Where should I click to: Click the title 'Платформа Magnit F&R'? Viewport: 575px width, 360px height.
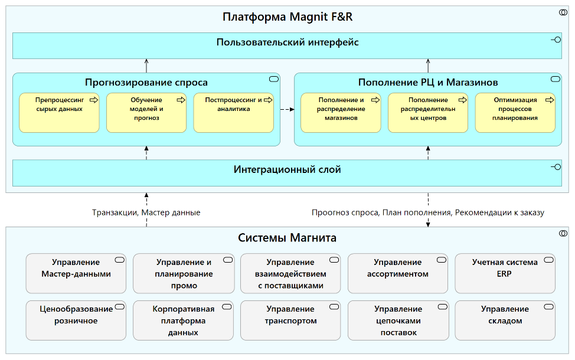pyautogui.click(x=287, y=17)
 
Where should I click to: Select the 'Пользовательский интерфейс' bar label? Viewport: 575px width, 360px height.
pyautogui.click(x=287, y=42)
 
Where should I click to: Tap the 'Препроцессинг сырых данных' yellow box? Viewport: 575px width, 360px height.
pyautogui.click(x=59, y=112)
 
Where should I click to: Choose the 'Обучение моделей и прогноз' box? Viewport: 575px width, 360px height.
pyautogui.click(x=146, y=112)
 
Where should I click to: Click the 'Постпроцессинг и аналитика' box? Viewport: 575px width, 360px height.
pyautogui.click(x=233, y=112)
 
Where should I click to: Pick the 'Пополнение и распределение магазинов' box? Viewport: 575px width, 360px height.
pyautogui.click(x=341, y=112)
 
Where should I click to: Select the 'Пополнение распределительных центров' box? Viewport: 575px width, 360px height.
pyautogui.click(x=428, y=112)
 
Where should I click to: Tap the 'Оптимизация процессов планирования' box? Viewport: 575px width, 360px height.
pyautogui.click(x=515, y=112)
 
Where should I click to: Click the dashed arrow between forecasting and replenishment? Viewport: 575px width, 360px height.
pyautogui.click(x=287, y=109)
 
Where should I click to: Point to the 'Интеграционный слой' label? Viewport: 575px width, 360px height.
pyautogui.click(x=287, y=170)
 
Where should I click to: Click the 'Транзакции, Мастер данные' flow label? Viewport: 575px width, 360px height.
pyautogui.click(x=146, y=212)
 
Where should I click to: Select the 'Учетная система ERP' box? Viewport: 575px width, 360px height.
pyautogui.click(x=505, y=273)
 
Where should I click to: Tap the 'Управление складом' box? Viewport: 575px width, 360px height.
pyautogui.click(x=505, y=320)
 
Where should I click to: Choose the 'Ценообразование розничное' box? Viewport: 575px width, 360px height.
pyautogui.click(x=76, y=320)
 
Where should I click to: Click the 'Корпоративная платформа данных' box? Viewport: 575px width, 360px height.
pyautogui.click(x=183, y=320)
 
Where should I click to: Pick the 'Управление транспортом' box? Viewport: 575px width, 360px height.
pyautogui.click(x=290, y=320)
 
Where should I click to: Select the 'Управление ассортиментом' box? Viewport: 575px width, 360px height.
pyautogui.click(x=397, y=273)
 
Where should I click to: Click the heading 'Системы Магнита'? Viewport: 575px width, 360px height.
pyautogui.click(x=287, y=238)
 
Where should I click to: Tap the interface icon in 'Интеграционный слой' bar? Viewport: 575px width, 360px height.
pyautogui.click(x=555, y=167)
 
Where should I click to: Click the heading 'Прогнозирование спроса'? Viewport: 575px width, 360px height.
pyautogui.click(x=146, y=83)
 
